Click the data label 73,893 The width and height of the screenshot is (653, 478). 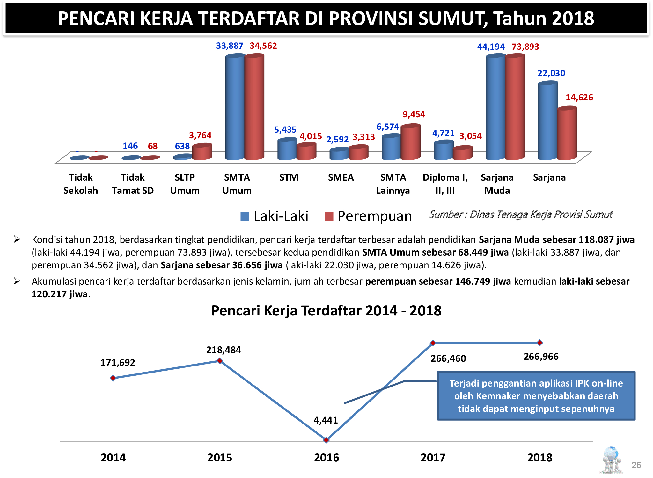(x=525, y=47)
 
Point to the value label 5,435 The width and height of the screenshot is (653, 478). (x=285, y=130)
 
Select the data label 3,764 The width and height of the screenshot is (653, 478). (x=200, y=135)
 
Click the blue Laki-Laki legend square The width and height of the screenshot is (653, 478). (x=245, y=216)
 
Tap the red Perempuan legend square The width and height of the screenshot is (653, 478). (x=328, y=216)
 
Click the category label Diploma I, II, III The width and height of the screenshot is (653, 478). (x=445, y=184)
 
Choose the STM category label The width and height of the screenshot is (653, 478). (x=289, y=177)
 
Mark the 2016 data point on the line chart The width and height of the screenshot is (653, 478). (x=326, y=440)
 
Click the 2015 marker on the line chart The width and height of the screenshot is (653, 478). (x=220, y=361)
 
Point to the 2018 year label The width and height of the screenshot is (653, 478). (x=539, y=458)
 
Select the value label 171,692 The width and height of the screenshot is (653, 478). (x=118, y=363)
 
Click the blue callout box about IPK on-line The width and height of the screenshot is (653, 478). (x=536, y=396)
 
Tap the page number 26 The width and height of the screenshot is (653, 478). (x=636, y=465)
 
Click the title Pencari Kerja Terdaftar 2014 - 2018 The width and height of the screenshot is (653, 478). (x=326, y=311)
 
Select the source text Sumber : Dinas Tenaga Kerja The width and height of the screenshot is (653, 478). (x=520, y=214)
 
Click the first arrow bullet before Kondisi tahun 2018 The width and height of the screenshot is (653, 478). (x=17, y=239)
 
